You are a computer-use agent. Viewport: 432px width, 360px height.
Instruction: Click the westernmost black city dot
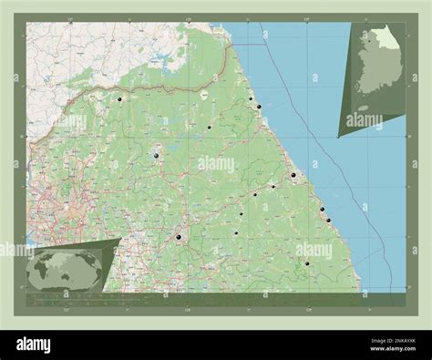point(119,98)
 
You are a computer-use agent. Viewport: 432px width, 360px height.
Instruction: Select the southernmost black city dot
point(307,263)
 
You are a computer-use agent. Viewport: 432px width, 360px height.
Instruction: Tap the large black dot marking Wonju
point(180,237)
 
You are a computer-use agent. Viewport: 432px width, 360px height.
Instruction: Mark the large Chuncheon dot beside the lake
point(157,157)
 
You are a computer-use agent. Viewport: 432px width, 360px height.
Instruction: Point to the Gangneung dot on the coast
point(293,175)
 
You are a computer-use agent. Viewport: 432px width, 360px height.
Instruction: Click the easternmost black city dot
point(327,219)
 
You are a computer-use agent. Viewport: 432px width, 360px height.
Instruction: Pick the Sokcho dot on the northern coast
point(260,108)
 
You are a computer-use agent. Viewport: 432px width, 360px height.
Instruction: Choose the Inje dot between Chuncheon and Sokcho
point(209,128)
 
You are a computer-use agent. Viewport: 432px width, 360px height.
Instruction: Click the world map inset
point(66,270)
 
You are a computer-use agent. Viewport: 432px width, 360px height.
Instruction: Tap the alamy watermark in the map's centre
point(216,164)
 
